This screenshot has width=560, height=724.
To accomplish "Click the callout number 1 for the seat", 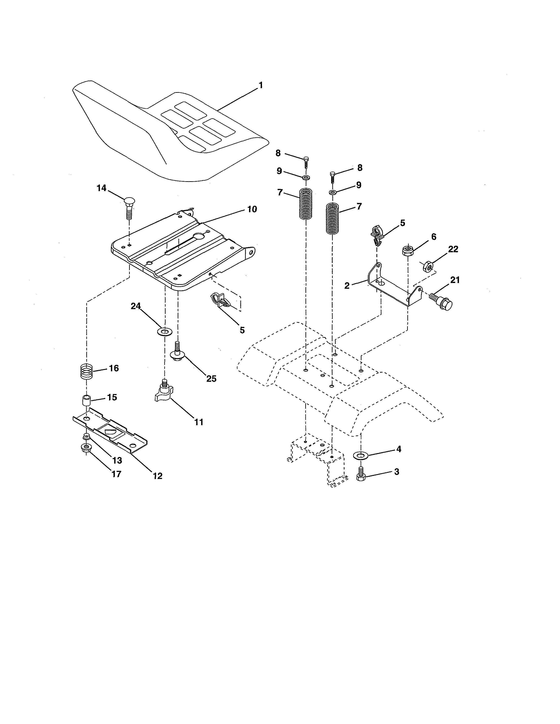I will click(x=260, y=86).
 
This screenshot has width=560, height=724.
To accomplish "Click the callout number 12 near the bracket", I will click(x=158, y=476).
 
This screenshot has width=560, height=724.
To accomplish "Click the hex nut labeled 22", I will click(x=428, y=266).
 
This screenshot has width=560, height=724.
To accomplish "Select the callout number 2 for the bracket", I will click(x=347, y=285).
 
